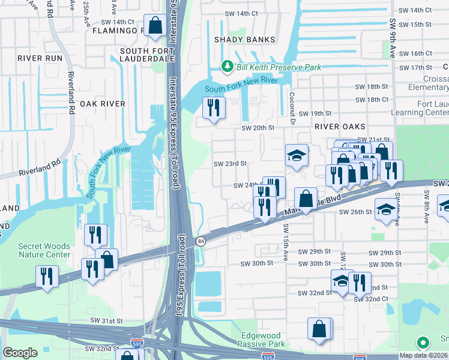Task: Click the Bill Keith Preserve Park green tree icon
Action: (x=228, y=66)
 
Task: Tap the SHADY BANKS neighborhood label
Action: (x=245, y=40)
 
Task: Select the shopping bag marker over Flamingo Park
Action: (x=155, y=26)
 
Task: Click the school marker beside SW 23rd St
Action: (x=297, y=156)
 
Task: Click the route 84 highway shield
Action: (x=199, y=241)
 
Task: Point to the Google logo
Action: (x=20, y=353)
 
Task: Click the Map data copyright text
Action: (x=424, y=355)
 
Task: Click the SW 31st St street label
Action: (x=107, y=322)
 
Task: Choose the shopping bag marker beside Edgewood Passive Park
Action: (x=319, y=329)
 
